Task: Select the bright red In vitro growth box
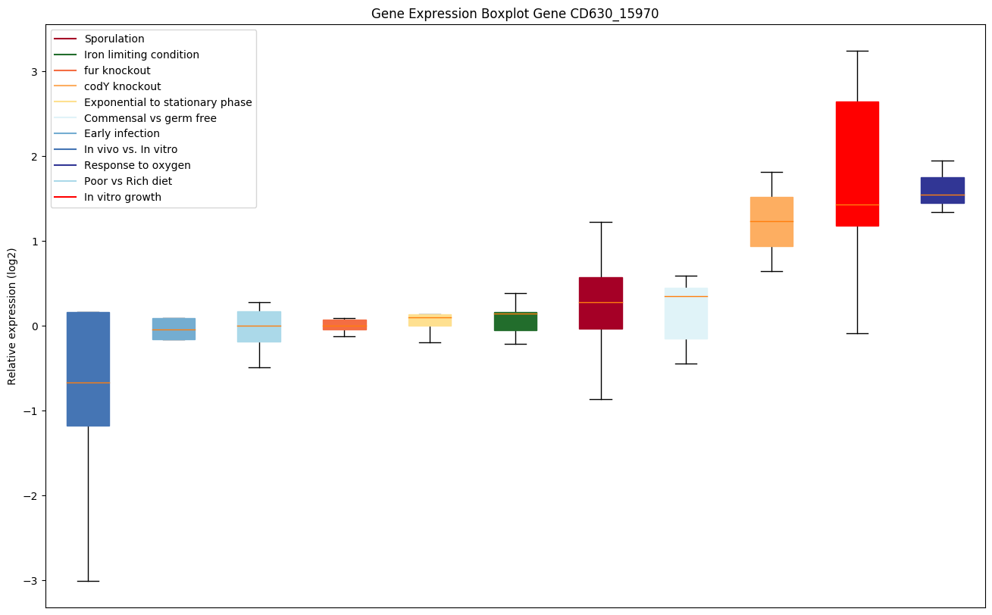pos(857,163)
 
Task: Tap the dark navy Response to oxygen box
pos(942,190)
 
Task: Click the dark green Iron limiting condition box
pos(515,321)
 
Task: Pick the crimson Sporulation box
pos(601,303)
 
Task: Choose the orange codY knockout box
pos(771,221)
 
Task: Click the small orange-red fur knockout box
pos(345,324)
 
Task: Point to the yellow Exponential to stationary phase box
pos(430,320)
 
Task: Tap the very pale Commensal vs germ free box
pos(686,313)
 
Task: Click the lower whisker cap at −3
pos(88,581)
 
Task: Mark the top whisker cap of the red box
pos(857,51)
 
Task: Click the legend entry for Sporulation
pos(114,39)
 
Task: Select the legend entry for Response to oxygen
pos(137,165)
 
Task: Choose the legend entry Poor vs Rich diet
pos(128,181)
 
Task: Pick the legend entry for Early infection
pos(122,133)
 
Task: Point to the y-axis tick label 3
pos(34,72)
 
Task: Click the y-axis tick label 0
pos(34,326)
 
